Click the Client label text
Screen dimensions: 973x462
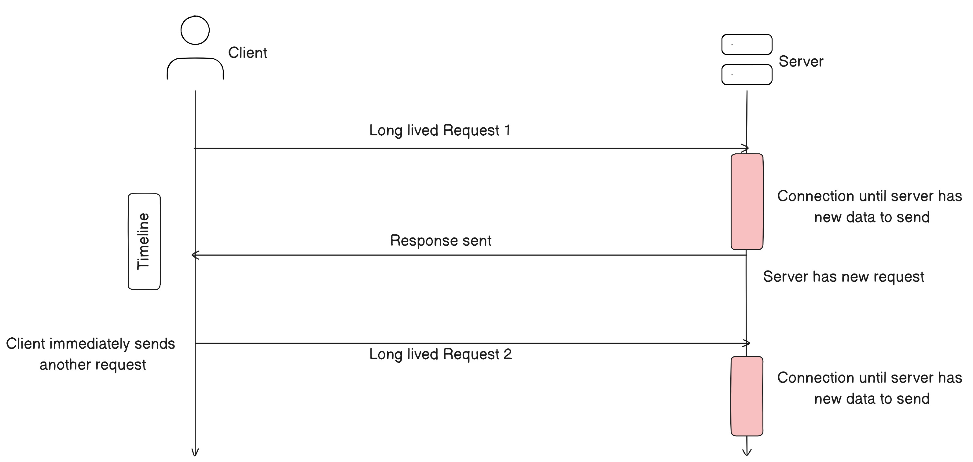(x=248, y=53)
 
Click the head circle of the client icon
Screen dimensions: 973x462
(x=195, y=30)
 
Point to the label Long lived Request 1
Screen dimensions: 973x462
(x=440, y=130)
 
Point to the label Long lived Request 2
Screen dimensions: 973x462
(x=440, y=354)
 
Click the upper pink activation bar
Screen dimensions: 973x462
(x=747, y=201)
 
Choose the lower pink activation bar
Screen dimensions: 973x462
(x=747, y=396)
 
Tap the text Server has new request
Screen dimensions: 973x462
(x=843, y=277)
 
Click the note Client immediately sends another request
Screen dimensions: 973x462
(x=91, y=354)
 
